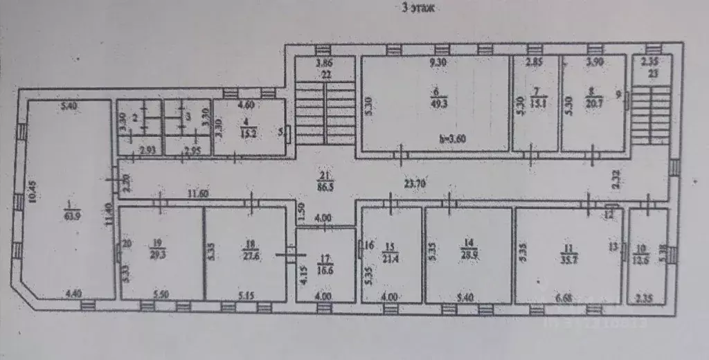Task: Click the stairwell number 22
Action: (325, 74)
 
